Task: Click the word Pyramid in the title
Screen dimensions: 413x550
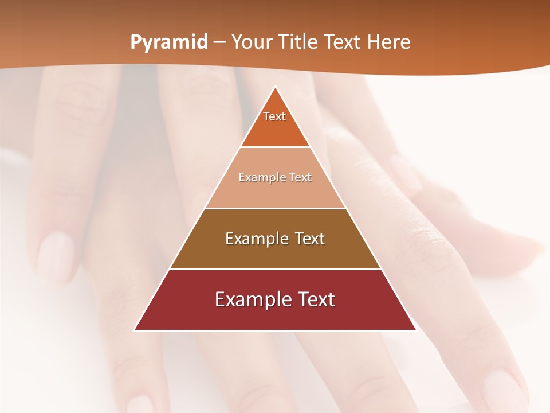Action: coord(168,42)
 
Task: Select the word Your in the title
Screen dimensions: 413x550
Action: coord(253,42)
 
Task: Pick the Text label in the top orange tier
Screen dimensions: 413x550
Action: coord(274,117)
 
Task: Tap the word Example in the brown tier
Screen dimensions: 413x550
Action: coord(256,239)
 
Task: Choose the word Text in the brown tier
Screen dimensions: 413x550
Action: coord(309,239)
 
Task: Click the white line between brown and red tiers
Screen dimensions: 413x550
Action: coord(275,269)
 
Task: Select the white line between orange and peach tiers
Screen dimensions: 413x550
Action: coord(275,147)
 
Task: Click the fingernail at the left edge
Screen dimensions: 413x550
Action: coord(55,252)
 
